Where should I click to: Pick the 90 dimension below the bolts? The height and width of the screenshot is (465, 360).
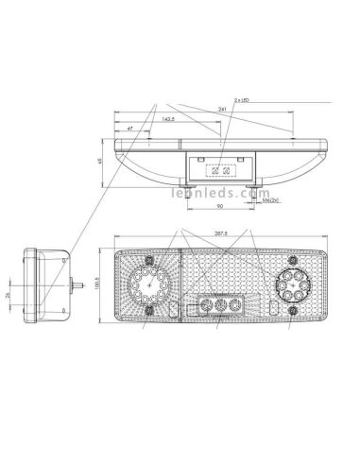tap(220, 205)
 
